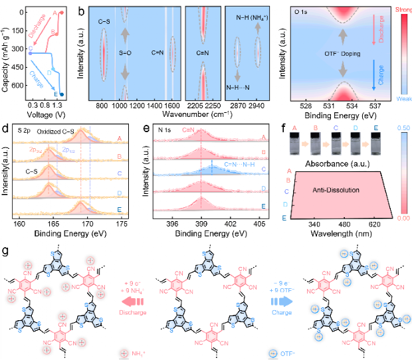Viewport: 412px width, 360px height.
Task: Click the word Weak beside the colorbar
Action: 402,98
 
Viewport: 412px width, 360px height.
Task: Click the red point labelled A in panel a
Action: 62,11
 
